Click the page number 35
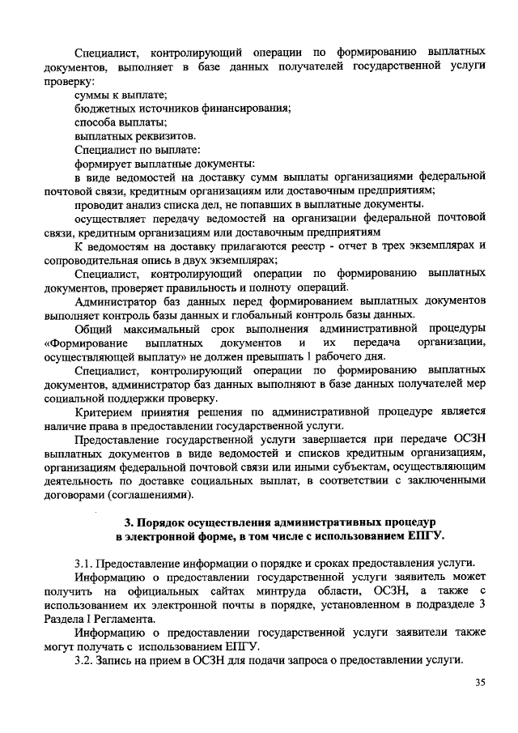pyautogui.click(x=480, y=684)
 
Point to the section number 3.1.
pyautogui.click(x=83, y=563)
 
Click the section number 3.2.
pyautogui.click(x=83, y=659)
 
